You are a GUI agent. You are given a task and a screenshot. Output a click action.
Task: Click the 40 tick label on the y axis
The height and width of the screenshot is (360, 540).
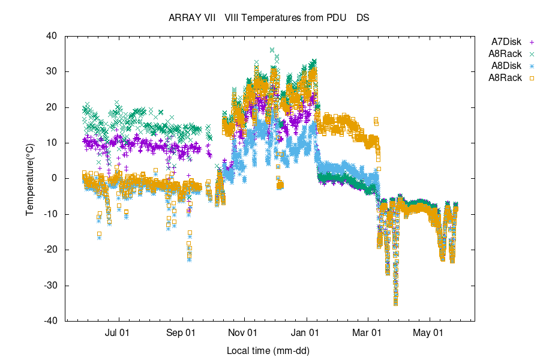pos(52,36)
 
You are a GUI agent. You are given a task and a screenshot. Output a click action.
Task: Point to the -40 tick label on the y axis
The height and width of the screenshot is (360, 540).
pos(50,321)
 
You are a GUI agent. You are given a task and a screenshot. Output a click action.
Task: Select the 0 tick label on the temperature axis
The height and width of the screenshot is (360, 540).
pos(54,178)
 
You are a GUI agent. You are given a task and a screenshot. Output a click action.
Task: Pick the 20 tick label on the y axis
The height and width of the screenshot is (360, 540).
pos(52,107)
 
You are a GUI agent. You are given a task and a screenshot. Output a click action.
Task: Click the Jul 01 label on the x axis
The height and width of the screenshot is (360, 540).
pos(119,332)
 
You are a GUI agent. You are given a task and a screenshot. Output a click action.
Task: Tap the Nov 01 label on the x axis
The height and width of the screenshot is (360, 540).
pos(244,332)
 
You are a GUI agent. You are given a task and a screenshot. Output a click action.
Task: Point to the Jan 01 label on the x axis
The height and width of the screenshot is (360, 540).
pos(307,332)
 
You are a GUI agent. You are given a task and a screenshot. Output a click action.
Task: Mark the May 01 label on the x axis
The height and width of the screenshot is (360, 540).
pos(430,332)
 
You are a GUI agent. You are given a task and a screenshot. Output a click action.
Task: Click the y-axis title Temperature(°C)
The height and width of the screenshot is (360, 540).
pos(29,178)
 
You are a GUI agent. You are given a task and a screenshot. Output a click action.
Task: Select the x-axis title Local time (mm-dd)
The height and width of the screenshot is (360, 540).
pos(268,350)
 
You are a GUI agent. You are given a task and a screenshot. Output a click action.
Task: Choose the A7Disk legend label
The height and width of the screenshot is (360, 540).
pos(506,42)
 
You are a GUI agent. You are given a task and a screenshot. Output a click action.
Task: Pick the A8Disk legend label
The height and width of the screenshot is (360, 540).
pos(506,66)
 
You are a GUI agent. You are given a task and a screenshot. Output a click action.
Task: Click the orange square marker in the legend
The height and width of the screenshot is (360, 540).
pos(532,78)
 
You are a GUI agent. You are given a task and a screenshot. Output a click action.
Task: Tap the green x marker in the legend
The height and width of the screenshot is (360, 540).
pos(532,54)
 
